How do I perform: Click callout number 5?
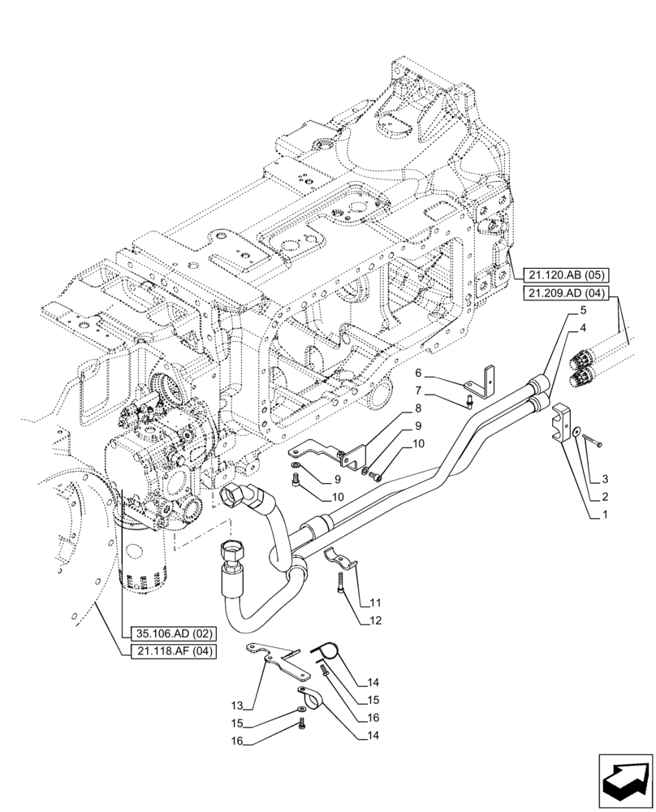tap(583, 311)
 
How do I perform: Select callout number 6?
tap(418, 373)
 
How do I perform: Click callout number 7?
tap(418, 392)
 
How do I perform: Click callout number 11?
tap(376, 603)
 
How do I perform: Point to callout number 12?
tap(376, 621)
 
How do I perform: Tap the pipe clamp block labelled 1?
tap(559, 424)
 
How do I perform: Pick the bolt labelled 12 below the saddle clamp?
tap(339, 582)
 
